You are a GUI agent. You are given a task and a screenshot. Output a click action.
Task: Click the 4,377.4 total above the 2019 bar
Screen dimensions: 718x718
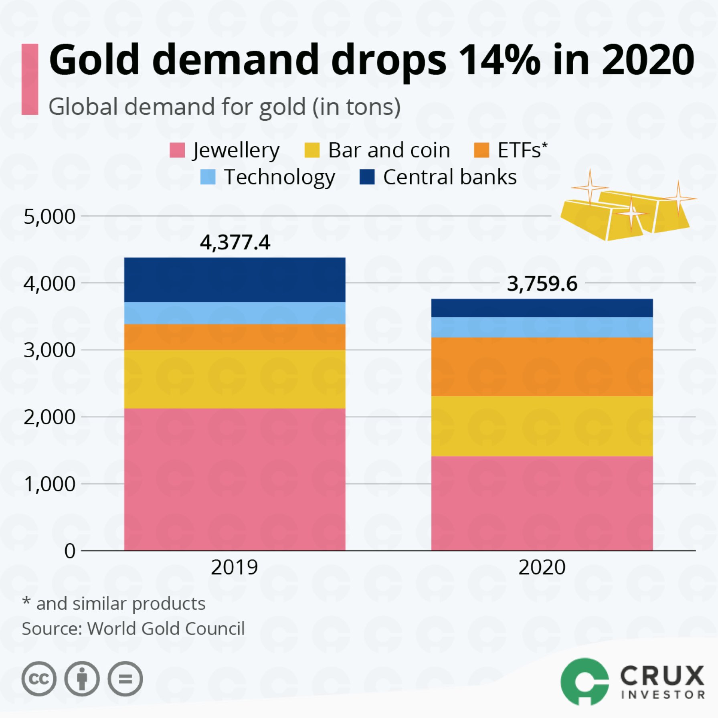(x=235, y=243)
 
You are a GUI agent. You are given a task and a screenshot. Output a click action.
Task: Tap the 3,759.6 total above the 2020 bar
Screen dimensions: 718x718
(x=542, y=284)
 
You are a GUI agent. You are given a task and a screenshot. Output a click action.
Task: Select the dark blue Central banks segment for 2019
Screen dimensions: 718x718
(x=235, y=280)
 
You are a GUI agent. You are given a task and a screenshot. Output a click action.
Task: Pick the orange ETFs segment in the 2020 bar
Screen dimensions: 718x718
(x=542, y=366)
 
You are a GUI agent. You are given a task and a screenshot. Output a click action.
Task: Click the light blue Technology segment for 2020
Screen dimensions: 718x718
(x=542, y=327)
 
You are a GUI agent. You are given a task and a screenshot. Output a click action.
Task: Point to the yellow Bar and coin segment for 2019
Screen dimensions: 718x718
(x=235, y=379)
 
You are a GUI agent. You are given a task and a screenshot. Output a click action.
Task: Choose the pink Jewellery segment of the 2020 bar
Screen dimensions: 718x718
(x=542, y=503)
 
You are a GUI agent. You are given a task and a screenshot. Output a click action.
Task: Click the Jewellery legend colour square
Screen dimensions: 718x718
(x=177, y=150)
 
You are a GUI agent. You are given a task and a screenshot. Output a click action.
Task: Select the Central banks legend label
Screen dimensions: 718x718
(x=449, y=177)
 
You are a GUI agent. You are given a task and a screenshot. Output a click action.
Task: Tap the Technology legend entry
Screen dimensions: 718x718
(x=279, y=177)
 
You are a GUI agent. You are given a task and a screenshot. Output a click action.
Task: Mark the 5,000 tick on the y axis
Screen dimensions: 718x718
(x=49, y=216)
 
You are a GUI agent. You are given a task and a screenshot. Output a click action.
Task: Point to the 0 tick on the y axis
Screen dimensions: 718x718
(x=70, y=551)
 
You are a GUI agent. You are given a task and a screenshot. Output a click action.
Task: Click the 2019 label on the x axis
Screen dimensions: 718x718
(x=235, y=567)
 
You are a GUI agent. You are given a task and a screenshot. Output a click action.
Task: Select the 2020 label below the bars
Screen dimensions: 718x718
(x=542, y=567)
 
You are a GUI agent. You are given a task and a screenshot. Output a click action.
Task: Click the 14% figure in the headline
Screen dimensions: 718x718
(x=500, y=60)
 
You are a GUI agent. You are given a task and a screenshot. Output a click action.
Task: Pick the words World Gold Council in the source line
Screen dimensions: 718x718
(x=166, y=629)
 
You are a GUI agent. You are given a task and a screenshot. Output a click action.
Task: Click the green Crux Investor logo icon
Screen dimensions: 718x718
(x=585, y=681)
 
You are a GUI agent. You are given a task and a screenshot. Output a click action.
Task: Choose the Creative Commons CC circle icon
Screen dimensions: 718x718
(x=39, y=679)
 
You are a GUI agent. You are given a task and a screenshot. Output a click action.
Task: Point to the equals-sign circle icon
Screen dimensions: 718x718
(x=125, y=679)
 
